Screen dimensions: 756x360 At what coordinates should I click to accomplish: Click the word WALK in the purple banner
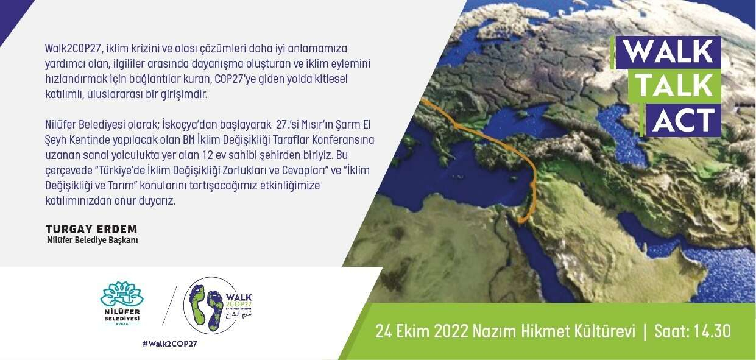668,52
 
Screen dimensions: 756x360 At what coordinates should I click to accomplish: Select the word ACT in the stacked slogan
684,120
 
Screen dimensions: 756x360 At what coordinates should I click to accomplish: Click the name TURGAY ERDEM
91,229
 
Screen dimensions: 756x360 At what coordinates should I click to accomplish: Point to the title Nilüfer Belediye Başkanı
93,240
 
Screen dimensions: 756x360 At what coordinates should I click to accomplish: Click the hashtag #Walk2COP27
170,344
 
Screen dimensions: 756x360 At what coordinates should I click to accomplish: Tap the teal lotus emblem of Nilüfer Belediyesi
122,294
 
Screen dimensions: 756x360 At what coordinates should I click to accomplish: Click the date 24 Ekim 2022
422,331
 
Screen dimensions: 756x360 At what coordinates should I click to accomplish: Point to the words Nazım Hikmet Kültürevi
554,331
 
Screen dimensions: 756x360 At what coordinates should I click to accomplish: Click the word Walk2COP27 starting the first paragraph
73,49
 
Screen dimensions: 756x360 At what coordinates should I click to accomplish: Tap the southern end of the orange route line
520,222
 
